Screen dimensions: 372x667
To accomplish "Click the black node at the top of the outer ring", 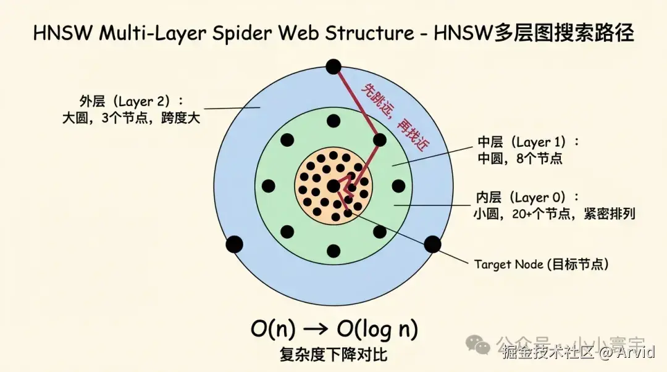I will point(333,67).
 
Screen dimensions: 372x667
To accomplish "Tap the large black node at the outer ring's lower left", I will point(234,244).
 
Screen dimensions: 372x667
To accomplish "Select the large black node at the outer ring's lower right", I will point(432,244).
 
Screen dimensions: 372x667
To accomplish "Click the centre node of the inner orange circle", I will point(333,185).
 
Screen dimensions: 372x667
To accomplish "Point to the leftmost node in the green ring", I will point(268,186).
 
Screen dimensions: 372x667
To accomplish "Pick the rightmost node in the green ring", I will point(398,186).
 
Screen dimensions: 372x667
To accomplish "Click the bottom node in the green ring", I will point(333,251).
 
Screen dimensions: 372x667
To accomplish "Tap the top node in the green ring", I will point(333,120).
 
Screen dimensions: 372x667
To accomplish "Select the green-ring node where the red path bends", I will point(380,140).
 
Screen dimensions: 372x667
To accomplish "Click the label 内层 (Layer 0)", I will point(528,197).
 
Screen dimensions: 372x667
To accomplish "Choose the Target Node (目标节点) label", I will point(542,264).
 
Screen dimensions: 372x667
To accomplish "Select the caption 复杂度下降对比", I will point(333,355).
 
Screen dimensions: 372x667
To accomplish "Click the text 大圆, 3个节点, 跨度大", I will point(132,118).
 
